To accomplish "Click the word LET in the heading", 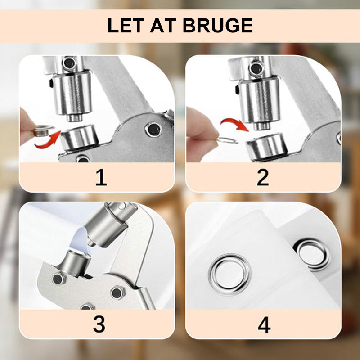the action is (126, 25).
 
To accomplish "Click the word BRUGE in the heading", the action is (218, 25).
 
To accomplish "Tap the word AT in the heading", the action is (163, 25).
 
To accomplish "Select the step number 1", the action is (101, 177).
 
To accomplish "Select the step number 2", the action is (263, 177).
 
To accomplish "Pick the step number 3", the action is (99, 324).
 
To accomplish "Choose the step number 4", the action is (264, 325).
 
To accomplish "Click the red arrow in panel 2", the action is (235, 125).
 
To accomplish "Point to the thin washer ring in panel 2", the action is (228, 140).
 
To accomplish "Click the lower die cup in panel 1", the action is (79, 137).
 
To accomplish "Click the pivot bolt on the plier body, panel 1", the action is (153, 130).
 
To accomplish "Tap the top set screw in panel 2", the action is (256, 68).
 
